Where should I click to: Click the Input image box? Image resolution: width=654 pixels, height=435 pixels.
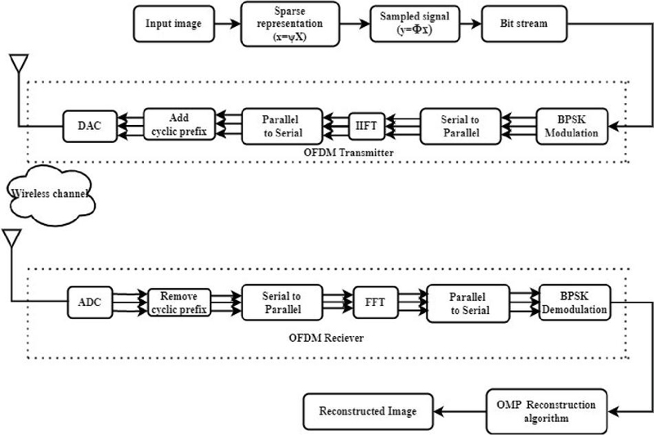(174, 24)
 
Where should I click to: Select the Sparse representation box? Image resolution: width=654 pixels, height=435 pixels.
(290, 24)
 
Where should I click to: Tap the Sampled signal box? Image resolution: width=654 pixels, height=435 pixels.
(415, 24)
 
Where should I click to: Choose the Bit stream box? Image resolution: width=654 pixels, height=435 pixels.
(524, 24)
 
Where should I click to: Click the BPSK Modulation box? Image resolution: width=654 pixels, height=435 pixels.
(571, 127)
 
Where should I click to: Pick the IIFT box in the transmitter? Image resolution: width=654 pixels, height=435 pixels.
(366, 126)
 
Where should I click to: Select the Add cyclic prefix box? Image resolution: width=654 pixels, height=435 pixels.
(179, 124)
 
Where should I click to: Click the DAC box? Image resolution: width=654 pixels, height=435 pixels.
(90, 126)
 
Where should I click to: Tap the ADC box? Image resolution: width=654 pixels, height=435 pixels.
(90, 303)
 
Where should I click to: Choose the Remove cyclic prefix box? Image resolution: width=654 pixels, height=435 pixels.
(179, 303)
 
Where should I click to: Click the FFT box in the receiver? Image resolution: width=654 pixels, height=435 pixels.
(375, 303)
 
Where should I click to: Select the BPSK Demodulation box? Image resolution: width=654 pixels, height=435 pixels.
(575, 303)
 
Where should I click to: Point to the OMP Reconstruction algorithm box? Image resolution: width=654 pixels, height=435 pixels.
(547, 411)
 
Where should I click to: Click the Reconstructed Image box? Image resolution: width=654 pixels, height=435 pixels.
(368, 411)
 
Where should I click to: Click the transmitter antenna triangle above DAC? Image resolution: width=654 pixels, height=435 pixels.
(19, 63)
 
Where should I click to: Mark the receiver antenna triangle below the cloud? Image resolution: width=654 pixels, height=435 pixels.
(11, 238)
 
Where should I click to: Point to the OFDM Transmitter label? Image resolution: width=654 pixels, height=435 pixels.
(348, 153)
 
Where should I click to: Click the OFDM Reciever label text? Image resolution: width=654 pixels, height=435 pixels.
(326, 338)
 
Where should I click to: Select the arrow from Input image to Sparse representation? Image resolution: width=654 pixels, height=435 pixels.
(228, 24)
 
